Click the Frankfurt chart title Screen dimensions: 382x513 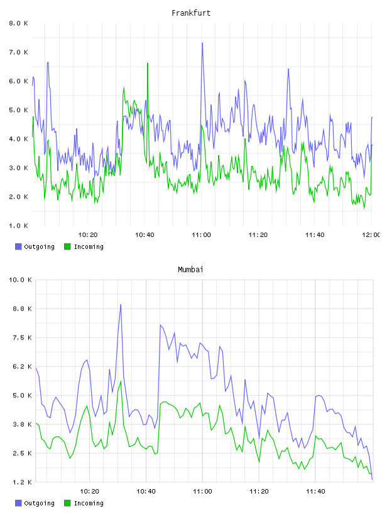(x=191, y=13)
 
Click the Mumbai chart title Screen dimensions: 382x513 (x=190, y=270)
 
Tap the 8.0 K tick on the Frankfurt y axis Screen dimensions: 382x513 (x=18, y=23)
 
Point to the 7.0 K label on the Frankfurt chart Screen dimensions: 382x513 (x=18, y=52)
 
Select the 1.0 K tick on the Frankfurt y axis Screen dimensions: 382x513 (x=18, y=226)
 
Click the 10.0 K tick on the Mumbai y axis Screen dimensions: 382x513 (x=20, y=280)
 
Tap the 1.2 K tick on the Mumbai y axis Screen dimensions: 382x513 (x=22, y=482)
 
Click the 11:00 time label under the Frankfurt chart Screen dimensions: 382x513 (x=201, y=235)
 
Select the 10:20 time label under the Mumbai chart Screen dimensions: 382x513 (x=89, y=492)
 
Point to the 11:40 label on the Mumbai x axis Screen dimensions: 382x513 (x=315, y=492)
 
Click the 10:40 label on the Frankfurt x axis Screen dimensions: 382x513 (x=145, y=235)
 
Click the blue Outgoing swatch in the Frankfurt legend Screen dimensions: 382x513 (x=18, y=246)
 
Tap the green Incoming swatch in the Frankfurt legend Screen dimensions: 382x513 (x=67, y=246)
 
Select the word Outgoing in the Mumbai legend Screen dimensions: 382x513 (x=39, y=503)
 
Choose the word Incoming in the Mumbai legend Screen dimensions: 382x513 (x=89, y=503)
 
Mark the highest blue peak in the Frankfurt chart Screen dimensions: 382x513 (x=202, y=43)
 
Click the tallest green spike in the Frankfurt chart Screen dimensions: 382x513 (x=148, y=63)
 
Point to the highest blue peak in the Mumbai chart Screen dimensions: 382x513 (x=121, y=304)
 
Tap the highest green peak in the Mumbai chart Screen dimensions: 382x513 (x=121, y=381)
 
